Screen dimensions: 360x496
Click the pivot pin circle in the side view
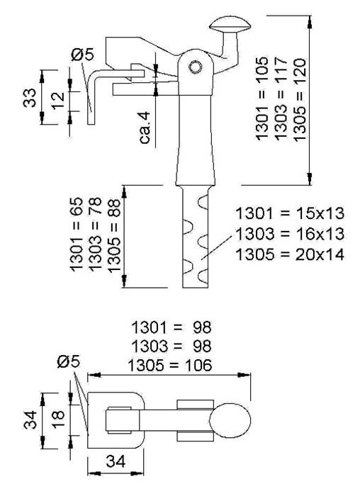coord(195,67)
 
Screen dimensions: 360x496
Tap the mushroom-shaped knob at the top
coord(230,25)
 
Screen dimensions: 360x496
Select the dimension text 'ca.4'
coord(145,128)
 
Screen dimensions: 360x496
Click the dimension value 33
coord(30,98)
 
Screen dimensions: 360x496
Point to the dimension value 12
coord(58,101)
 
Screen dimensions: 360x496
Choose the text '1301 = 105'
coord(262,98)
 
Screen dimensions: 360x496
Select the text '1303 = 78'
coord(95,235)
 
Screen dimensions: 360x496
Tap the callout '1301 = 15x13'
coord(290,213)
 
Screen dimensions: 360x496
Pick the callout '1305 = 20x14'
coord(290,254)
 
